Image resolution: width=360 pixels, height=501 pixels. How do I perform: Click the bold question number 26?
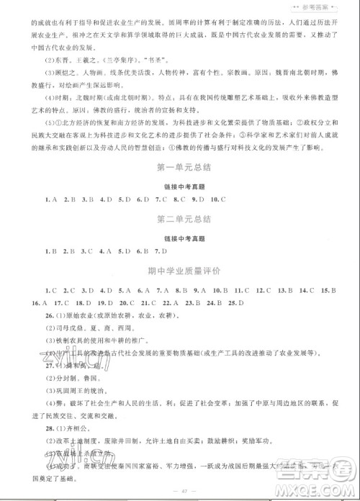pyautogui.click(x=28, y=315)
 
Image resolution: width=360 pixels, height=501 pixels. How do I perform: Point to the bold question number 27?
pyautogui.click(x=28, y=364)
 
